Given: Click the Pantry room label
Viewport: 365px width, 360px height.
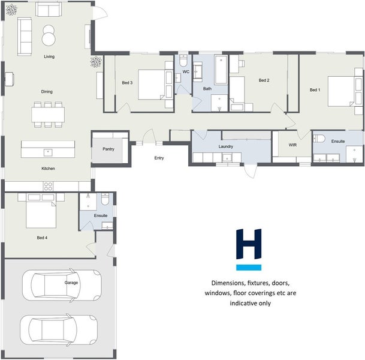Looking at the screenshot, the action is coord(108,149).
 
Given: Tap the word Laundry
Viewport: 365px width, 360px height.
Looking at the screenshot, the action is coord(225,146).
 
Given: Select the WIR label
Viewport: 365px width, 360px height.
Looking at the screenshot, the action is coord(292,145).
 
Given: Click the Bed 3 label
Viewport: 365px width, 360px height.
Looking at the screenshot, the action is coord(127,82).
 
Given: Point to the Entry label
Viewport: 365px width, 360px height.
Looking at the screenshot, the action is coord(159,158).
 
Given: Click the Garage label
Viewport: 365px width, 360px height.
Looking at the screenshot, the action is coord(71,283).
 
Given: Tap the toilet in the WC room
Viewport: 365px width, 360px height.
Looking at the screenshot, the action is coord(183,61).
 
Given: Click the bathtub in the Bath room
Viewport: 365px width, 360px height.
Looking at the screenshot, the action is coord(221,70).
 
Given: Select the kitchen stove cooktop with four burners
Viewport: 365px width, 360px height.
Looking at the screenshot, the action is coord(48,186).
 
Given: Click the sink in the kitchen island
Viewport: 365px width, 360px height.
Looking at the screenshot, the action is coord(48,152).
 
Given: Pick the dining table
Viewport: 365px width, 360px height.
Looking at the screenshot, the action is coord(48,115).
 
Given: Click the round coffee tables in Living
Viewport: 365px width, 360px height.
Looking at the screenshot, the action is coord(49,35).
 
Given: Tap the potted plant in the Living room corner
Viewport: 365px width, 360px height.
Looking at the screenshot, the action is coord(11,10).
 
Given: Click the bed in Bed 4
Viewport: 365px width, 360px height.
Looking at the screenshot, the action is coord(41,211).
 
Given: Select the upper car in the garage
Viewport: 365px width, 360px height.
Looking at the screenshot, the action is coord(62,286).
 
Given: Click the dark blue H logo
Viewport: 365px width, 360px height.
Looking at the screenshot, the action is coord(249,244).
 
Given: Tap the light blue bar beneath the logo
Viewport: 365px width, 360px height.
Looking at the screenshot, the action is coord(249,267).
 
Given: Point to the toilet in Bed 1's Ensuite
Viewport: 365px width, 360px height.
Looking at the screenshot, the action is coord(319,139).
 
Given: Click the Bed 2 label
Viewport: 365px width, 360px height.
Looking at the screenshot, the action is coord(264,80).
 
